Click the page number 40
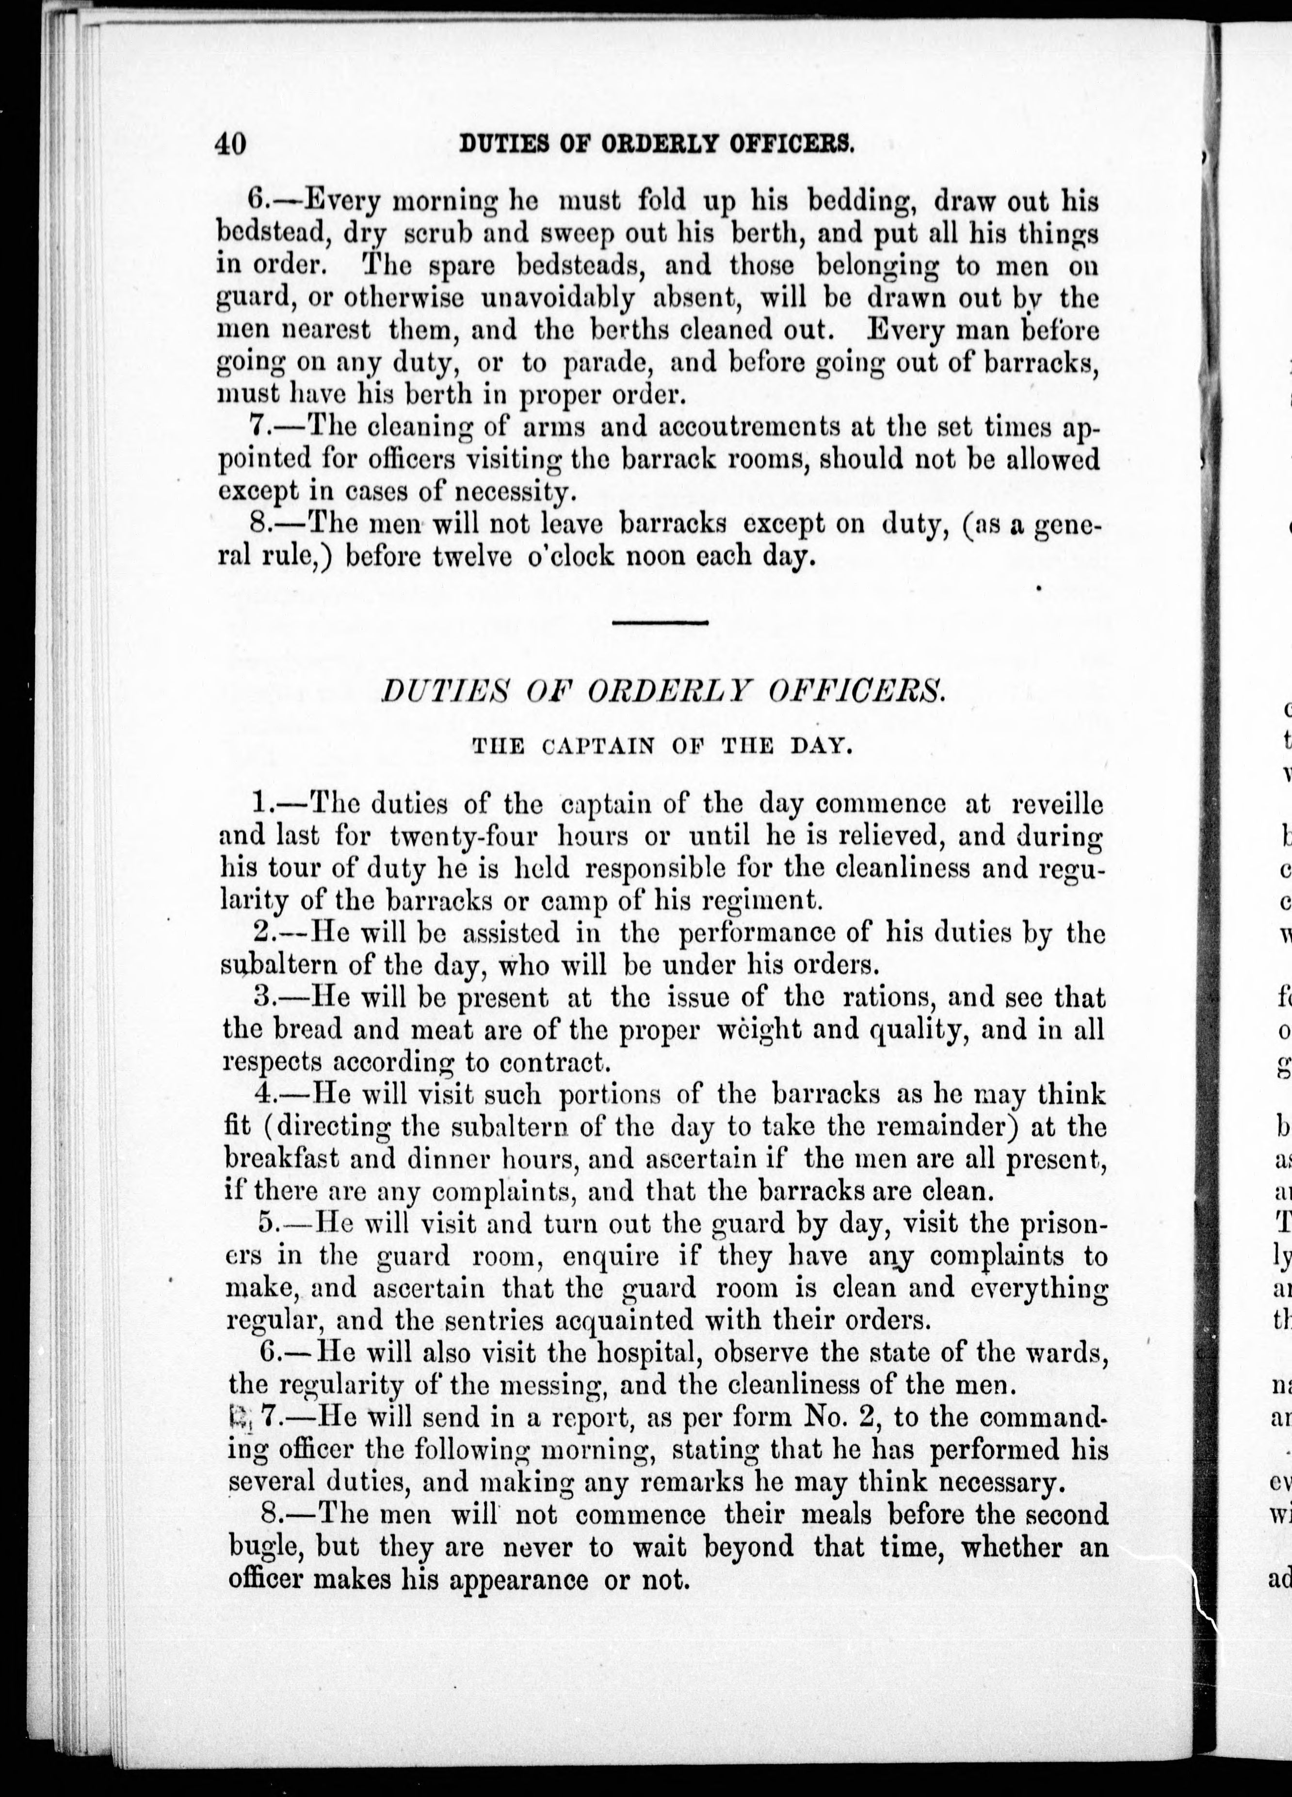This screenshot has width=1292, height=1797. (x=231, y=144)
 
